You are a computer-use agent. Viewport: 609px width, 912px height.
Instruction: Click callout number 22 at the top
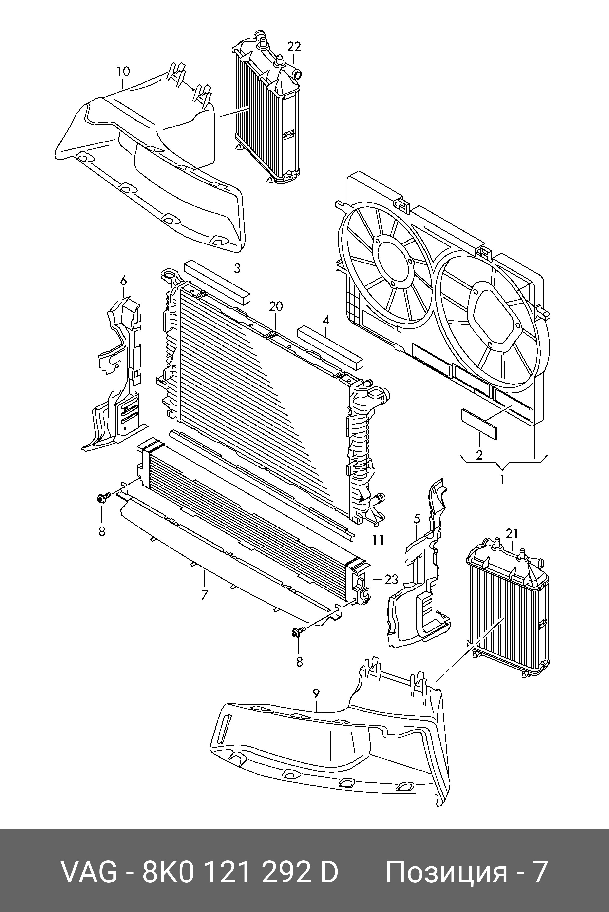point(294,47)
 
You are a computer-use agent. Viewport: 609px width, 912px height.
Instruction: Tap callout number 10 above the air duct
point(123,72)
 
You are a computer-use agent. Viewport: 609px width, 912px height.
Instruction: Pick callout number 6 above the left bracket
point(124,280)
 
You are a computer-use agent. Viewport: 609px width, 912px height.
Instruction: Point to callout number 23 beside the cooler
point(391,580)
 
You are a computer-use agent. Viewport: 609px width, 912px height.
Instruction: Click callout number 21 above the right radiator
point(512,534)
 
